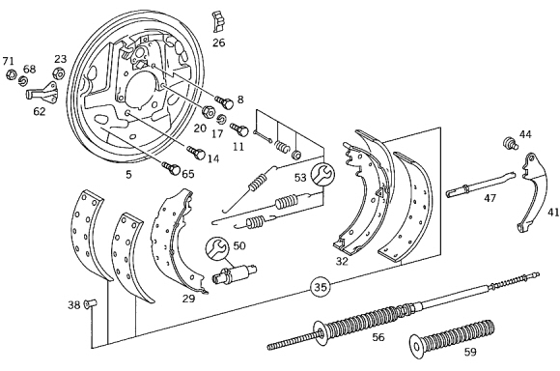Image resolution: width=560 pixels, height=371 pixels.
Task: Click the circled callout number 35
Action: [321, 287]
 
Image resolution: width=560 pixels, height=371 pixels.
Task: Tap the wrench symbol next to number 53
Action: [322, 174]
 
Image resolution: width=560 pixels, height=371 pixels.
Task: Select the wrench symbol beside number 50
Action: [217, 248]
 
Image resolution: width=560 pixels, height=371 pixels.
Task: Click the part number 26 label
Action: [219, 43]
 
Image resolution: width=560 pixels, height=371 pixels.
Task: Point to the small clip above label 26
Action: [218, 21]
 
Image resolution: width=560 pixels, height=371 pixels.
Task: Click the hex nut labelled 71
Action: [12, 74]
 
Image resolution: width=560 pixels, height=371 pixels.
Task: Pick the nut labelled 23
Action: [59, 74]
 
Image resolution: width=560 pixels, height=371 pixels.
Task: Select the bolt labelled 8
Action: [225, 101]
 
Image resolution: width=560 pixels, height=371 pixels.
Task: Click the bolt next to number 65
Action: [171, 168]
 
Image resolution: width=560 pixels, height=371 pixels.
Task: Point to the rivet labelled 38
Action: [91, 303]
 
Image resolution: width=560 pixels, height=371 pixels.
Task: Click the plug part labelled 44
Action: [510, 143]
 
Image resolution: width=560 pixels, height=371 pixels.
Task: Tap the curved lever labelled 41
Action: [532, 192]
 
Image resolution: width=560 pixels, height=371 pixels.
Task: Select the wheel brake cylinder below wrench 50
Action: [235, 273]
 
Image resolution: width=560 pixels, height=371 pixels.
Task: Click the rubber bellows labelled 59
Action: [453, 336]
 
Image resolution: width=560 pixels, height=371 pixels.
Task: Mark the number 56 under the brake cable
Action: [378, 336]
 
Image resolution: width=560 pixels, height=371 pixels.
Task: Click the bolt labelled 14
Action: [196, 153]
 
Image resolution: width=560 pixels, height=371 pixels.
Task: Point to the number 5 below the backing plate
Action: [128, 175]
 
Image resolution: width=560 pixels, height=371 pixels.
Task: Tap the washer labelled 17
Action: [222, 119]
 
